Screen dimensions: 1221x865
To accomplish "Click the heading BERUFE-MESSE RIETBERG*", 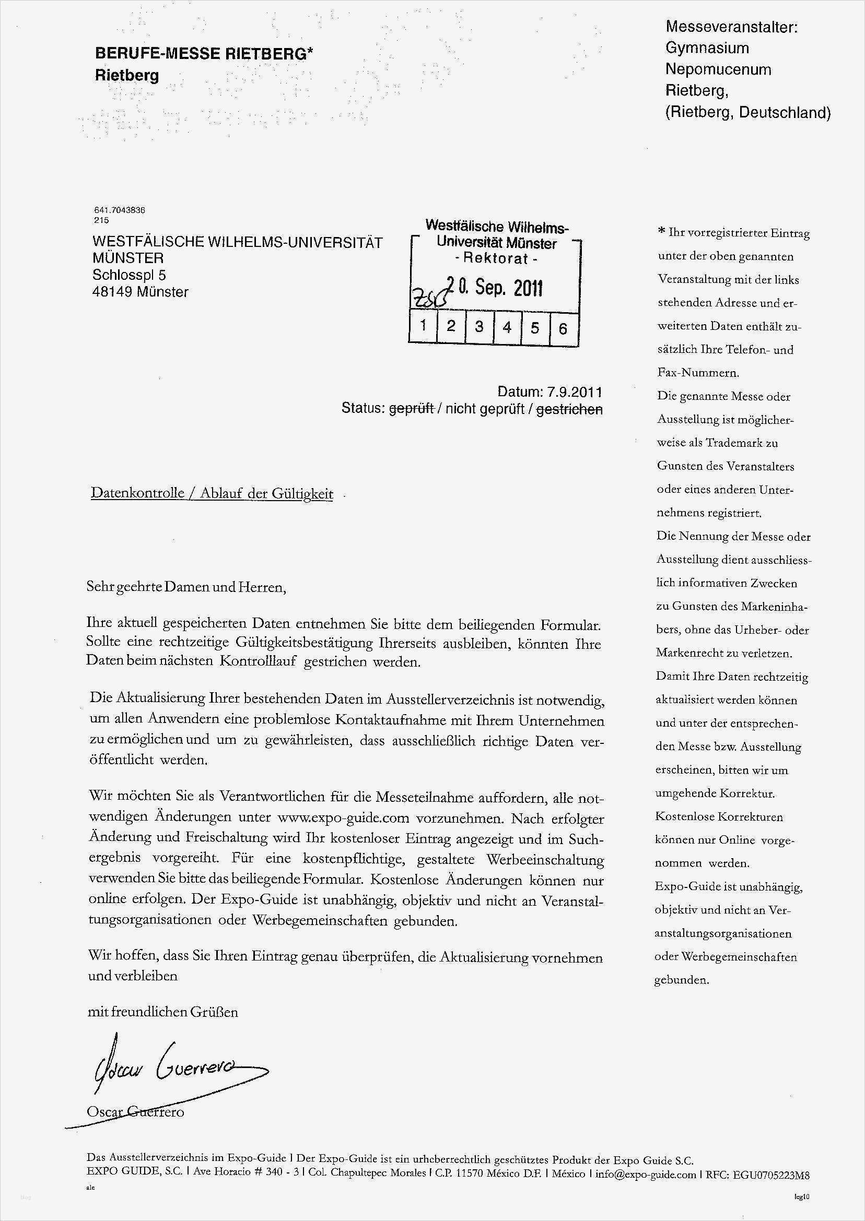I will pos(204,54).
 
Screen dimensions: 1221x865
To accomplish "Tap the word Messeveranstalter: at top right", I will pos(732,27).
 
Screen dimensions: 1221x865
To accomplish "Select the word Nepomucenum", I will pos(718,69).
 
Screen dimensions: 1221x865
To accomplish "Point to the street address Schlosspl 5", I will pos(130,275).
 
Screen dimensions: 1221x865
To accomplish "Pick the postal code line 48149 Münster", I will pos(140,292).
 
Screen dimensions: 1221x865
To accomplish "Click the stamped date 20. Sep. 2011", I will pos(494,288).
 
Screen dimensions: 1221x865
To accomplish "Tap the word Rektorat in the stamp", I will pos(495,259).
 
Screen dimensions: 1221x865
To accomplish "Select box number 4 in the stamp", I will pos(507,326).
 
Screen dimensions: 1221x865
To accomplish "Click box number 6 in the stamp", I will pos(563,328).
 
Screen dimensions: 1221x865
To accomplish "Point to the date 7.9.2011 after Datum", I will pos(574,392).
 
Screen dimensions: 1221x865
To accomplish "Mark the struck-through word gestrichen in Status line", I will pos(569,409).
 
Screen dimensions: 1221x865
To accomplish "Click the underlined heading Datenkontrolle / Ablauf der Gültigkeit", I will pos(212,493).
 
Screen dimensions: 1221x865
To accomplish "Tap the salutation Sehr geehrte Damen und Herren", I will pos(186,587).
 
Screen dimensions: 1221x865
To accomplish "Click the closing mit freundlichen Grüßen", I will pos(162,1011).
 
